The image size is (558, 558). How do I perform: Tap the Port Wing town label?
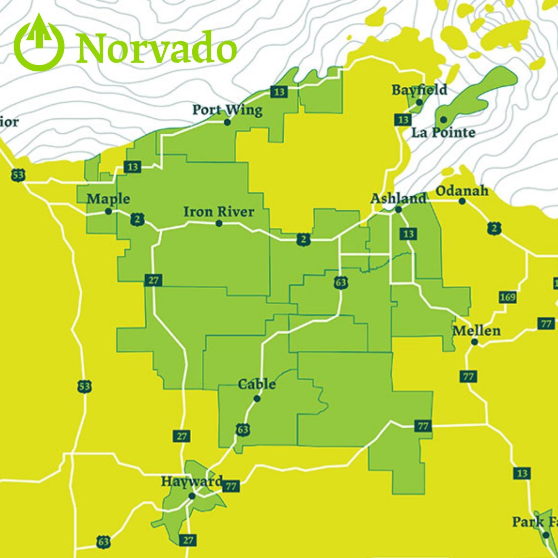(x=227, y=110)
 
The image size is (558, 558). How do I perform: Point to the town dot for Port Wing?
(x=227, y=122)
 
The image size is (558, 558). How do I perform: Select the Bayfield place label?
(x=419, y=90)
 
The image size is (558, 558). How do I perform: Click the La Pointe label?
(x=443, y=133)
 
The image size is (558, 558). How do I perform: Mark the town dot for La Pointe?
(x=443, y=120)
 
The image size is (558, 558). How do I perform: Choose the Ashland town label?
(x=399, y=198)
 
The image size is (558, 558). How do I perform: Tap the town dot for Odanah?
(x=462, y=201)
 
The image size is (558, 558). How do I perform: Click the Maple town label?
(x=109, y=199)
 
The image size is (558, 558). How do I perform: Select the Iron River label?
(x=219, y=212)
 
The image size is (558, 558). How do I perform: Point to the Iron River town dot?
(x=219, y=223)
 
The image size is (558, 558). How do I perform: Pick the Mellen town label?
(x=476, y=331)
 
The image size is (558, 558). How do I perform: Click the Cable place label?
(x=257, y=384)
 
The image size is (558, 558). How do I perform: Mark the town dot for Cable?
(x=257, y=398)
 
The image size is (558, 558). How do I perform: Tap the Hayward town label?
(x=192, y=482)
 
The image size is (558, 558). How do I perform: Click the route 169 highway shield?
(x=508, y=298)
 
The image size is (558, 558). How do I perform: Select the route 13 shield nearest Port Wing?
(x=279, y=92)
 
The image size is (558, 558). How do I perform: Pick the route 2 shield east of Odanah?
(x=494, y=228)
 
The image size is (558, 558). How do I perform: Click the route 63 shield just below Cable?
(x=243, y=429)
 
